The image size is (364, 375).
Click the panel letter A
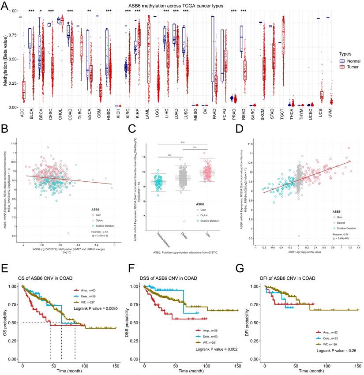(x=5, y=6)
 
